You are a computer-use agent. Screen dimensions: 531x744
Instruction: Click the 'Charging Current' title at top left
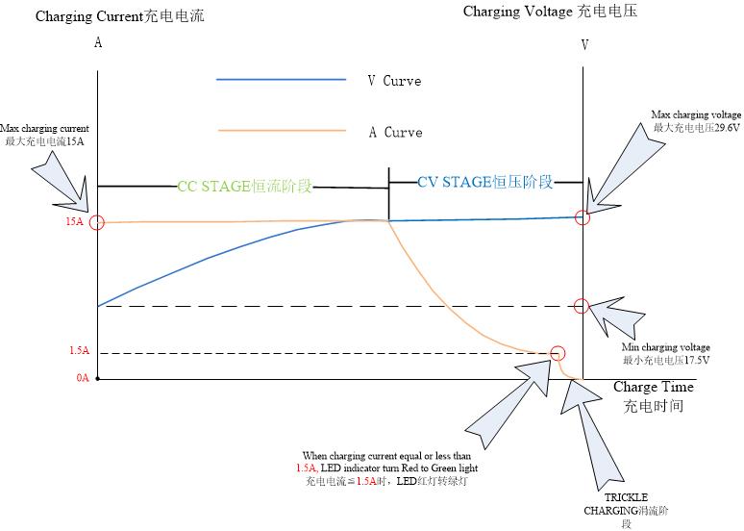(x=120, y=16)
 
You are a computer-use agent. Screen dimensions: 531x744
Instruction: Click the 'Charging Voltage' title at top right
(x=550, y=12)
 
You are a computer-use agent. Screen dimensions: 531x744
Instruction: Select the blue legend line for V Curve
(x=281, y=80)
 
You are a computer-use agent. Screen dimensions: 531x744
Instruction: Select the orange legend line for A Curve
(x=281, y=131)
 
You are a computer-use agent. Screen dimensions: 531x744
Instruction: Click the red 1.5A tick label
(x=79, y=352)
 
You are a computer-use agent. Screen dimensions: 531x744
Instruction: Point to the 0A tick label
(x=83, y=378)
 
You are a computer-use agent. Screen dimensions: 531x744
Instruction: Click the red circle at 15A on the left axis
(x=96, y=222)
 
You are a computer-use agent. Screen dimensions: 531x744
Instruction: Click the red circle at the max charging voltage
(x=582, y=217)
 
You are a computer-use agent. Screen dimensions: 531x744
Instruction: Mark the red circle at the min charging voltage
(x=581, y=306)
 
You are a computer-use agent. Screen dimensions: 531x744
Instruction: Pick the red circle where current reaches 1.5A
(x=558, y=353)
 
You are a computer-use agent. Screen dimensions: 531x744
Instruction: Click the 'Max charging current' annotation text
(x=44, y=135)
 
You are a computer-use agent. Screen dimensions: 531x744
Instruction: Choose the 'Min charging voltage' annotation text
(x=667, y=353)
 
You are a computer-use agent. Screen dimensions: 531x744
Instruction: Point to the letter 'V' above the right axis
(x=584, y=45)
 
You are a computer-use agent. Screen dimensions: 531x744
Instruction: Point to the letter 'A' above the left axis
(x=98, y=43)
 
